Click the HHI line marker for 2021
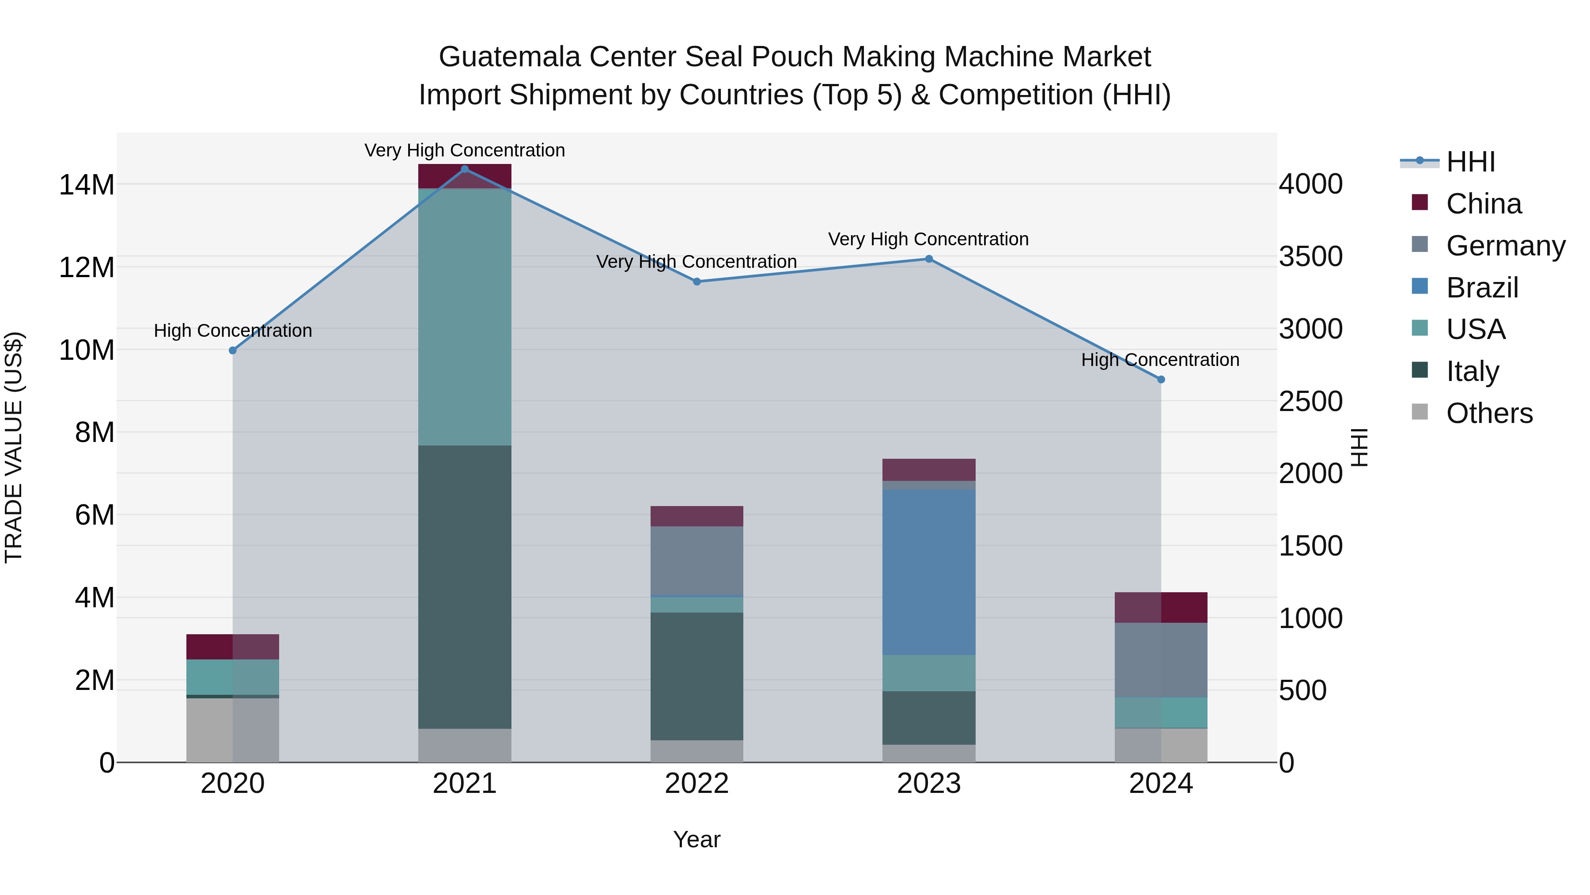pyautogui.click(x=465, y=169)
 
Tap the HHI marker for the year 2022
pyautogui.click(x=697, y=282)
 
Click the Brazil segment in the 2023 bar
pyautogui.click(x=928, y=572)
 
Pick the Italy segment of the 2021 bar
pyautogui.click(x=465, y=587)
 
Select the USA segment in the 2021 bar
pyautogui.click(x=465, y=317)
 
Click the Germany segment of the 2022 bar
pyautogui.click(x=697, y=560)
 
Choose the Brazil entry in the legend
pyautogui.click(x=1481, y=288)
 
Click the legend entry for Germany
pyautogui.click(x=1505, y=246)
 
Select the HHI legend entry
pyautogui.click(x=1470, y=162)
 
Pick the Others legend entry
pyautogui.click(x=1489, y=413)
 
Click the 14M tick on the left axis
pyautogui.click(x=87, y=185)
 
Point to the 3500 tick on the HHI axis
pyautogui.click(x=1310, y=256)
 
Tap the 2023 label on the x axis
pyautogui.click(x=928, y=784)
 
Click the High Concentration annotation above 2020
pyautogui.click(x=233, y=331)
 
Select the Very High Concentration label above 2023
pyautogui.click(x=928, y=239)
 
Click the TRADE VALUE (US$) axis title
pyautogui.click(x=14, y=447)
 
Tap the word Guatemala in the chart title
pyautogui.click(x=509, y=57)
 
